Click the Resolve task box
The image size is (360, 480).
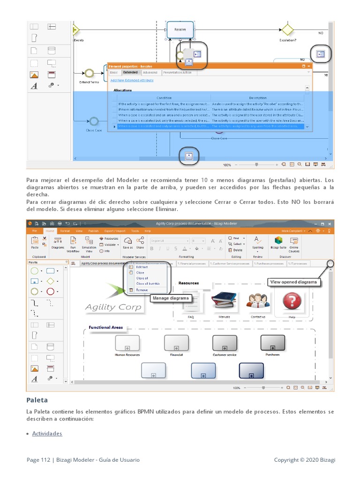180,29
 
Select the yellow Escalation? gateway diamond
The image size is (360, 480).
287,29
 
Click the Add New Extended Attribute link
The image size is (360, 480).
131,80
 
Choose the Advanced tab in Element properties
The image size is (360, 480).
150,73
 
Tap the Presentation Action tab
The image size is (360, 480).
177,73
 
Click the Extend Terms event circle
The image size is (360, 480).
89,73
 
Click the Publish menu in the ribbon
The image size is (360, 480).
93,231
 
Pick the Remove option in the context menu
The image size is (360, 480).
142,290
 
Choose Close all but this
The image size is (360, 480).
148,284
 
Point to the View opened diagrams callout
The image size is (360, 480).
293,282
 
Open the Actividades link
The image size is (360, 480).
47,434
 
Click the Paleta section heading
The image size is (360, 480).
37,400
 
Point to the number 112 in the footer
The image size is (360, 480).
45,460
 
